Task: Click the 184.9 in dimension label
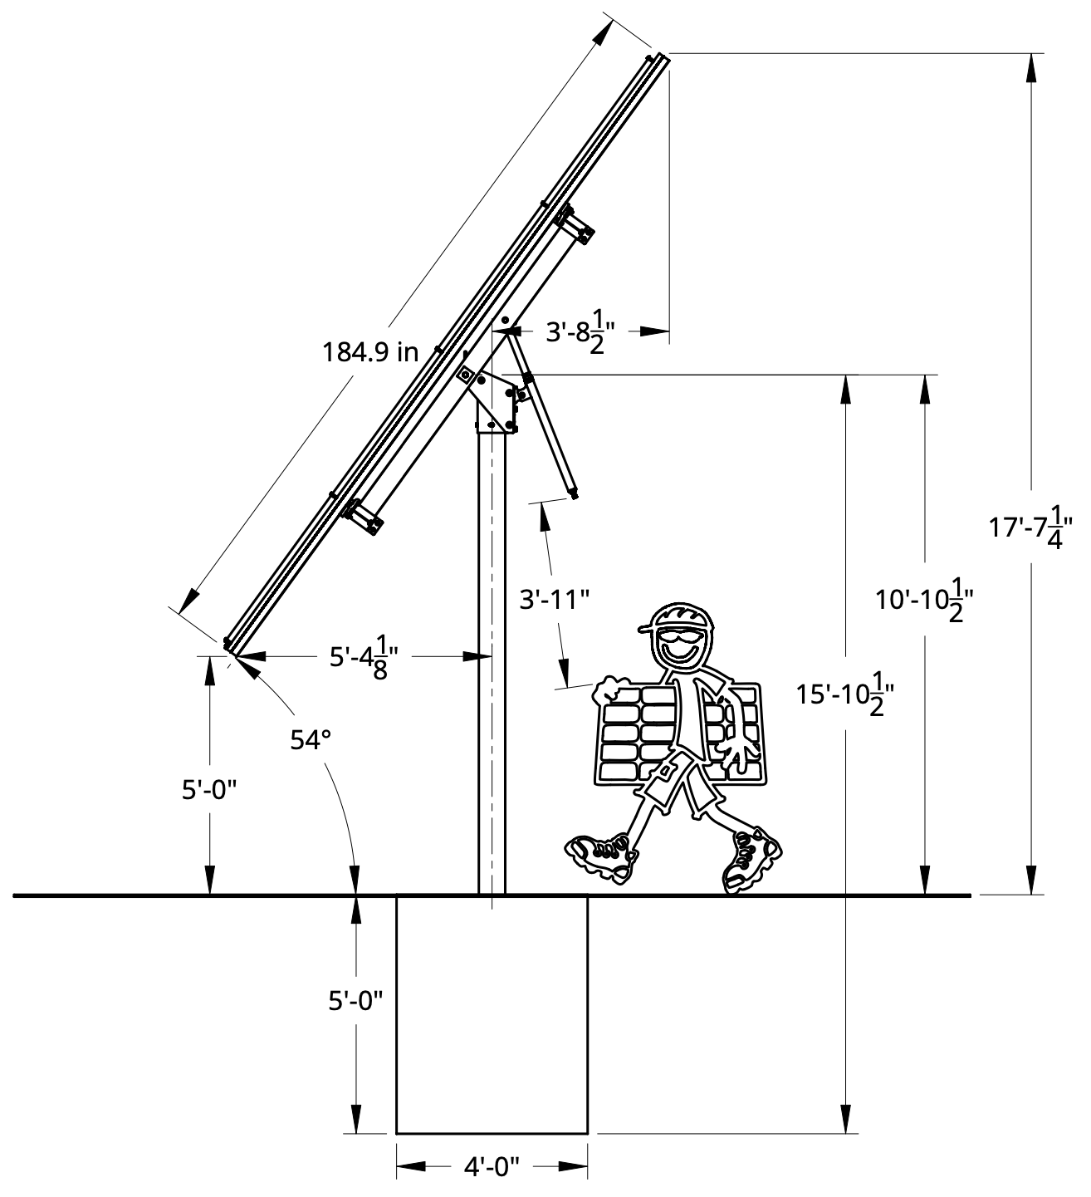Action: pyautogui.click(x=369, y=352)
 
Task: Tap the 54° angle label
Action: pyautogui.click(x=311, y=740)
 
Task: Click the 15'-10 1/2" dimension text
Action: pyautogui.click(x=844, y=694)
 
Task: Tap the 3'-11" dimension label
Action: pyautogui.click(x=554, y=599)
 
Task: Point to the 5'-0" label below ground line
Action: pyautogui.click(x=355, y=1001)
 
